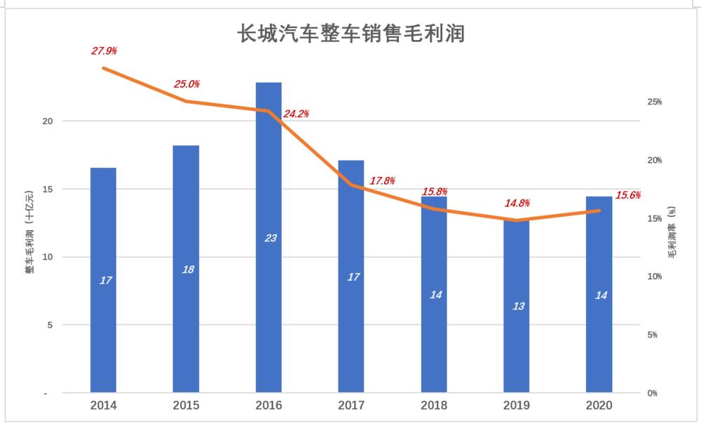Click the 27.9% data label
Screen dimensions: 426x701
tap(104, 51)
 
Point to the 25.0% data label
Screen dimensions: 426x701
tap(186, 84)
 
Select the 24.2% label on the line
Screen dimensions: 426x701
tap(296, 114)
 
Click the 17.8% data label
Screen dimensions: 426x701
tap(382, 181)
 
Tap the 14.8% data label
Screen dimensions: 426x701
tap(517, 204)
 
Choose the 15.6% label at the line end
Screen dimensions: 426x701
tap(627, 196)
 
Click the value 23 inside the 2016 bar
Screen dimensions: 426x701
tap(271, 239)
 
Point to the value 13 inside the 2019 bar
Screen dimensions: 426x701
tap(519, 307)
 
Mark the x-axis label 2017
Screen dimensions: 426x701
tap(352, 406)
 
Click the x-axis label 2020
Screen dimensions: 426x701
tap(600, 406)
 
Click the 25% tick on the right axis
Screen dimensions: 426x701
tap(655, 102)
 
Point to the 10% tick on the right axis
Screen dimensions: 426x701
tap(655, 277)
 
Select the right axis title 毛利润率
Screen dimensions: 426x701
tap(672, 231)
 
